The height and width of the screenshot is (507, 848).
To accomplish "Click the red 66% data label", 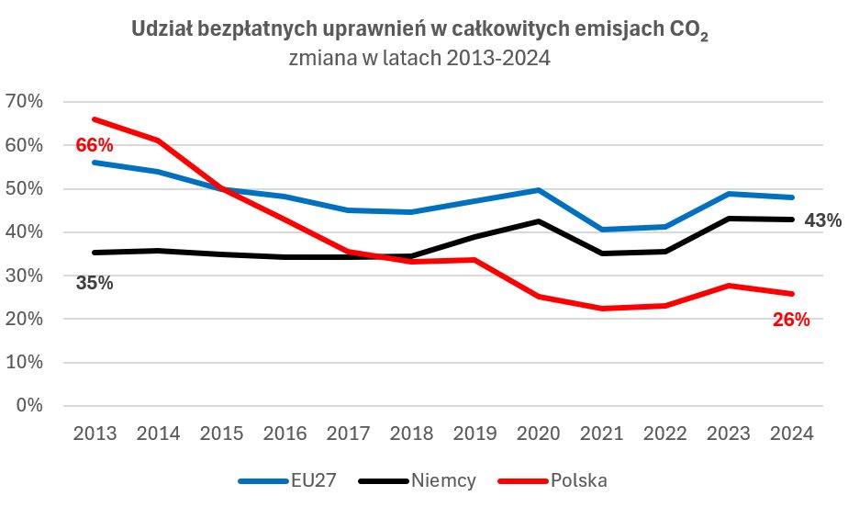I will pos(94,145).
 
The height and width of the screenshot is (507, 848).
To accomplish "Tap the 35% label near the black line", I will pos(95,283).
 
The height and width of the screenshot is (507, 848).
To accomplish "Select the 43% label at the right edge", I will pos(822,220).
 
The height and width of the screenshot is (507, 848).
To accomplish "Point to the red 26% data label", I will pos(791,320).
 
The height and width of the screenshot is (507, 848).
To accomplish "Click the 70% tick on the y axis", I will pos(24,102).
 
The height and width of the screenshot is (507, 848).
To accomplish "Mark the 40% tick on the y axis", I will pos(24,232).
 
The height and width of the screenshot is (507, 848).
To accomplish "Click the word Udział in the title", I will pos(159,30).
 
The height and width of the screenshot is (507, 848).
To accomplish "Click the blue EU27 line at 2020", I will pos(537,190).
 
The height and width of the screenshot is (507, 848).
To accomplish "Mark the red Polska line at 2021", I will pos(600,309).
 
